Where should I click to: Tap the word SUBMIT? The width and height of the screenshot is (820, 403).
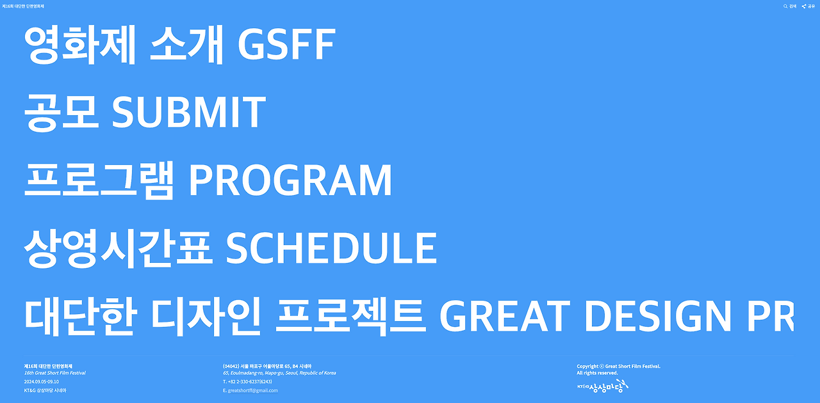tap(188, 111)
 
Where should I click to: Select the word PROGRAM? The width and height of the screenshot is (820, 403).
tap(290, 180)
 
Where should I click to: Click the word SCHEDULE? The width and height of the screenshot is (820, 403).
tap(331, 248)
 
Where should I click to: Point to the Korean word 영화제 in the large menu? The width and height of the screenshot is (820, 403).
tap(80, 45)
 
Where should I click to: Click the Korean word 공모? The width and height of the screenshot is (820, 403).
tap(61, 113)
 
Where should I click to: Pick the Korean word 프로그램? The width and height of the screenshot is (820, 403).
tap(99, 180)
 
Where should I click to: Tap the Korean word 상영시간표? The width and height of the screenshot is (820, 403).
tap(119, 248)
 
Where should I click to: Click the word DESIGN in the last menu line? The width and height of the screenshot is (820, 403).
tap(658, 316)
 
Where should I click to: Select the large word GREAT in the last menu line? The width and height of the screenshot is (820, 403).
tap(504, 316)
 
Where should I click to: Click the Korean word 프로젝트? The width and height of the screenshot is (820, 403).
tap(350, 317)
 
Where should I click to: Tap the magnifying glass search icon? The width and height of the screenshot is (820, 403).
tap(785, 6)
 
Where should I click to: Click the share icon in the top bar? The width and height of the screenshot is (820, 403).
tap(804, 6)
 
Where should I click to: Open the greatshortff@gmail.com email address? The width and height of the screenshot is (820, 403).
tap(252, 391)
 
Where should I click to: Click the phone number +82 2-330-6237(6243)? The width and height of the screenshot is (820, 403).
tap(250, 382)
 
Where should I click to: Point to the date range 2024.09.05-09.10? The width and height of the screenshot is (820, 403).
tap(42, 382)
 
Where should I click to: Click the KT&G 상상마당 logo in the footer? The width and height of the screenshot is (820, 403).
tap(603, 386)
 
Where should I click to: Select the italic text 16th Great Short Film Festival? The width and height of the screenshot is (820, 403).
tap(55, 373)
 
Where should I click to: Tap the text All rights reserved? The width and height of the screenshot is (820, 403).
tap(598, 373)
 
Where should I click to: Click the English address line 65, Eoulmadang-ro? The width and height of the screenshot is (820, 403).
tap(279, 373)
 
